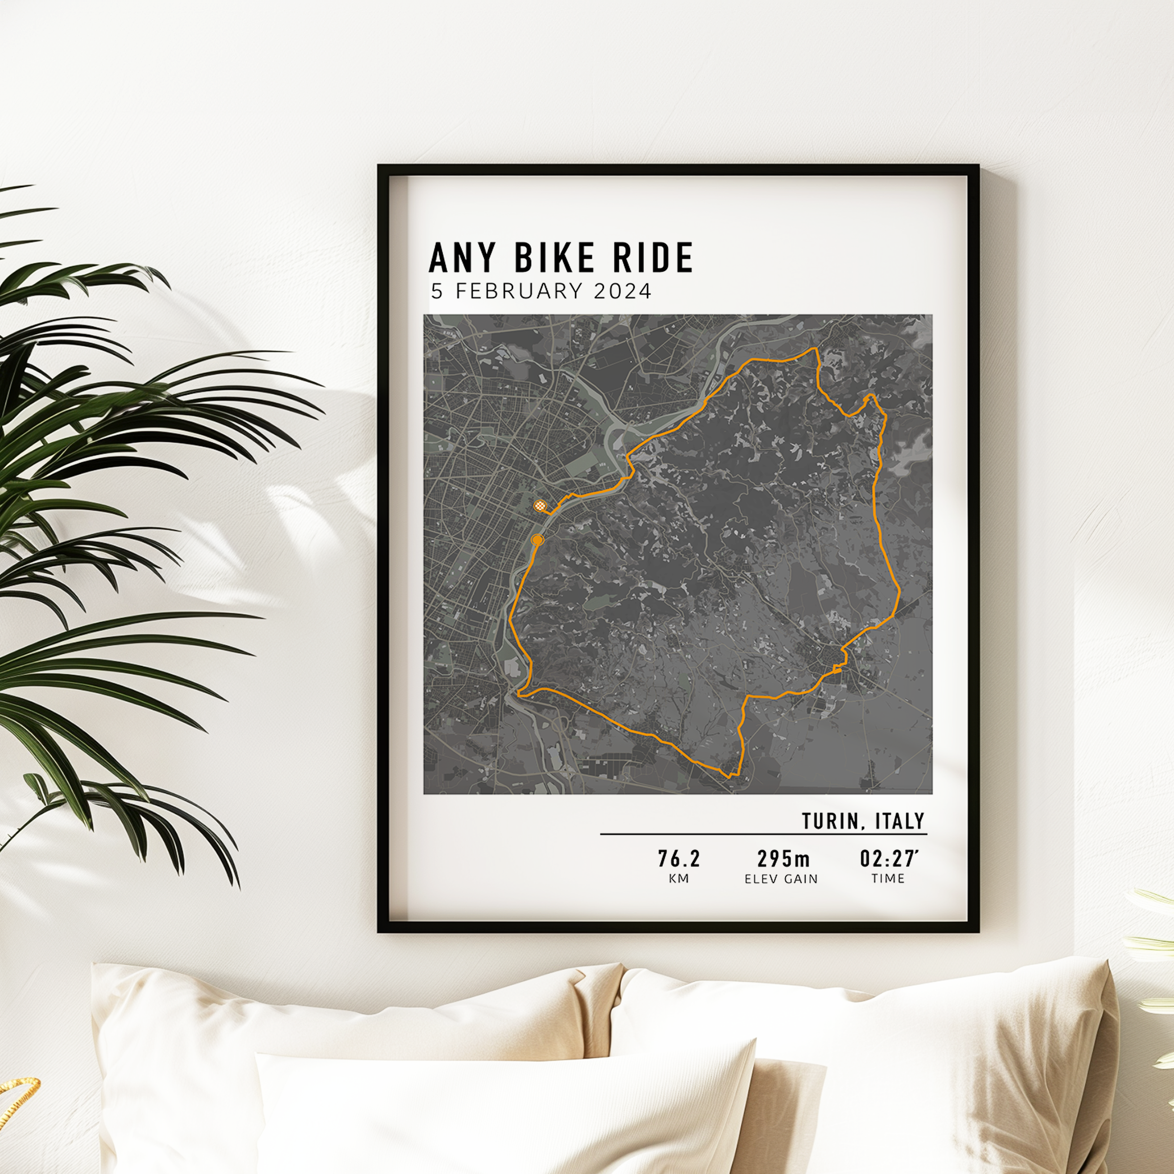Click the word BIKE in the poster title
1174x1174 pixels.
point(554,258)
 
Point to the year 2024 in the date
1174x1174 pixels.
point(622,291)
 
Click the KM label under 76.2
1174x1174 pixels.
point(679,879)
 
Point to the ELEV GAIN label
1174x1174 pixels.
point(782,879)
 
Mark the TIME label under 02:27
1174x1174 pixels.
point(888,879)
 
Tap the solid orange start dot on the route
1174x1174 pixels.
point(537,540)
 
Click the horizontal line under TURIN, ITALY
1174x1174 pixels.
point(763,835)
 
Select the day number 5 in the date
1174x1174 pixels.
point(437,291)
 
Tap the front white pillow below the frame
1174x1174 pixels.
point(504,1112)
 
